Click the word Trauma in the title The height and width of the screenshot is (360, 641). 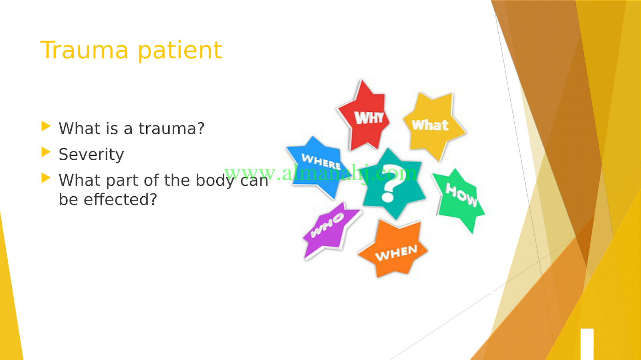pos(85,50)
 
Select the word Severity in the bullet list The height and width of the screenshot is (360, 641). pos(91,155)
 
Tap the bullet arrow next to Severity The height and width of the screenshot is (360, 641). pos(46,152)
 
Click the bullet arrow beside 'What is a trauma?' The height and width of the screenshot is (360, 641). pos(46,126)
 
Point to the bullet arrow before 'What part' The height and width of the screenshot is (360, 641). pos(46,177)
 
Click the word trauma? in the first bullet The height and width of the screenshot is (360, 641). pos(172,129)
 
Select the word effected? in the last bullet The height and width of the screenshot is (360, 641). pos(121,199)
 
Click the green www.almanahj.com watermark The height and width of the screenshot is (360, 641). pos(320,173)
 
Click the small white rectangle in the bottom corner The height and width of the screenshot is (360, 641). pos(587,344)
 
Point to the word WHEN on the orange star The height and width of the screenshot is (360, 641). pos(396,253)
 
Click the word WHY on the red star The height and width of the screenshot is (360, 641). pos(369,117)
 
